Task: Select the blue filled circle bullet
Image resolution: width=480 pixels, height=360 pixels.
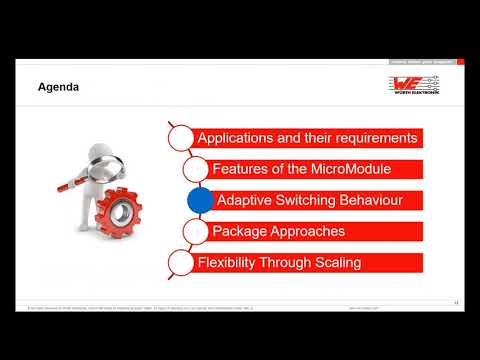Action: pyautogui.click(x=201, y=200)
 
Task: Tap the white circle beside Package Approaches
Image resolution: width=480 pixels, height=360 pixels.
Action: pyautogui.click(x=196, y=232)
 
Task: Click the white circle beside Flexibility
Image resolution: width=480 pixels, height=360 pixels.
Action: pyautogui.click(x=179, y=263)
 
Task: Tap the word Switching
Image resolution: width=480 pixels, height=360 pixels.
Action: pyautogui.click(x=309, y=200)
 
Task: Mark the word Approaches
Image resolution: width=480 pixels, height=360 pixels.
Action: pyautogui.click(x=310, y=232)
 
